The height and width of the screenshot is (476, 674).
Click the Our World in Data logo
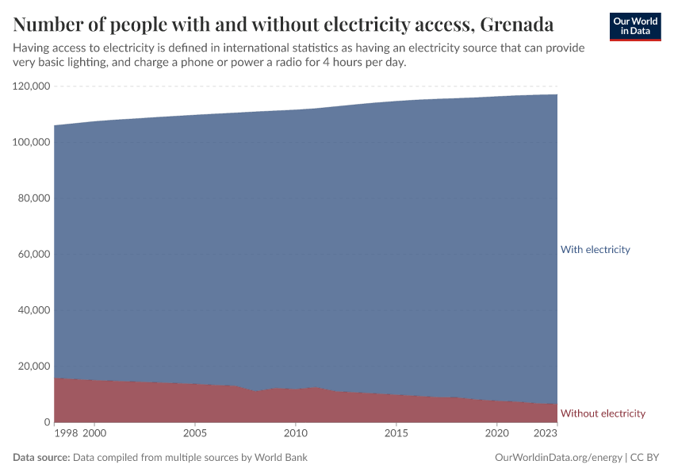click(634, 26)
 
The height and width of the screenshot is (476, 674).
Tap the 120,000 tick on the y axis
click(32, 86)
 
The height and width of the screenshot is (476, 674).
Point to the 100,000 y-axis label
click(32, 142)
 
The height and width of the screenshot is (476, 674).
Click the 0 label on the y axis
click(48, 422)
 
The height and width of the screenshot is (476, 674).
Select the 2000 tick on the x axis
click(94, 434)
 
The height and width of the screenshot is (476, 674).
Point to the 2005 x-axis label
click(195, 434)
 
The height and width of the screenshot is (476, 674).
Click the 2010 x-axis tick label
click(296, 434)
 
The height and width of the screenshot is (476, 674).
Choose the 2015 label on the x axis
click(396, 434)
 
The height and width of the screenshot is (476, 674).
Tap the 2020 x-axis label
click(497, 434)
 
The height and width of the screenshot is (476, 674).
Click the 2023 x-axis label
click(546, 434)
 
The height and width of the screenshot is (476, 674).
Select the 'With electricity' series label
click(595, 250)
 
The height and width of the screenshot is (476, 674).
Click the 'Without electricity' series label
click(603, 413)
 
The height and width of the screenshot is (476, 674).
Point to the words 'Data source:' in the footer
click(41, 458)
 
